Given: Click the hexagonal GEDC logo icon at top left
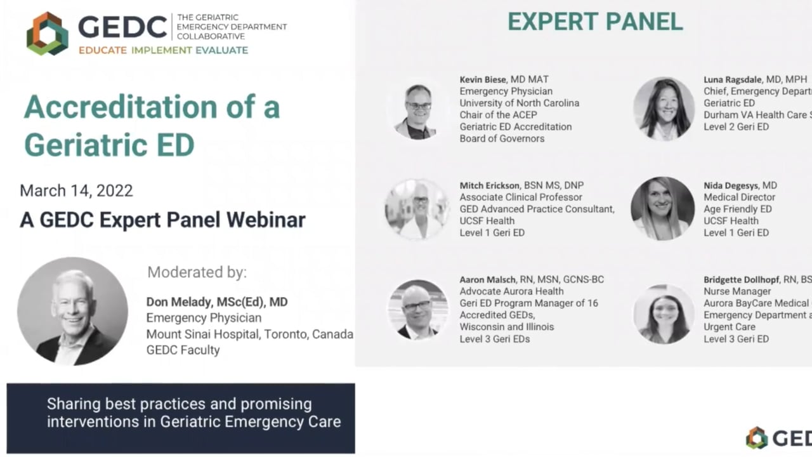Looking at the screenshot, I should click(x=47, y=33).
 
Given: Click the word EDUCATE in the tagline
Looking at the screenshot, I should click(x=103, y=50).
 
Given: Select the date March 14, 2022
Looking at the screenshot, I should click(x=76, y=190).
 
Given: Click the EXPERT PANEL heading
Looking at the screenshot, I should click(x=595, y=22).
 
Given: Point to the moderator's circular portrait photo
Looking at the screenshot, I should click(x=72, y=311).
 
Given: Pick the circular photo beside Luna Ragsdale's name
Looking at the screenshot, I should click(x=664, y=109).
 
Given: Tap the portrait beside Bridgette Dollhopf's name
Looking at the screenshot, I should click(x=664, y=314).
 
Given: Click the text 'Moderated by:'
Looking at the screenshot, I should click(x=197, y=273).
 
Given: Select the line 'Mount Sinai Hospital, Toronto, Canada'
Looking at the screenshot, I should click(x=249, y=334).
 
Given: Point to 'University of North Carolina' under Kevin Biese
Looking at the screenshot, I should click(x=519, y=103).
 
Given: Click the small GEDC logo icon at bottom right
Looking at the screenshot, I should click(x=757, y=438).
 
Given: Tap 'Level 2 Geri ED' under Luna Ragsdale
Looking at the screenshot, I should click(x=736, y=127).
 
